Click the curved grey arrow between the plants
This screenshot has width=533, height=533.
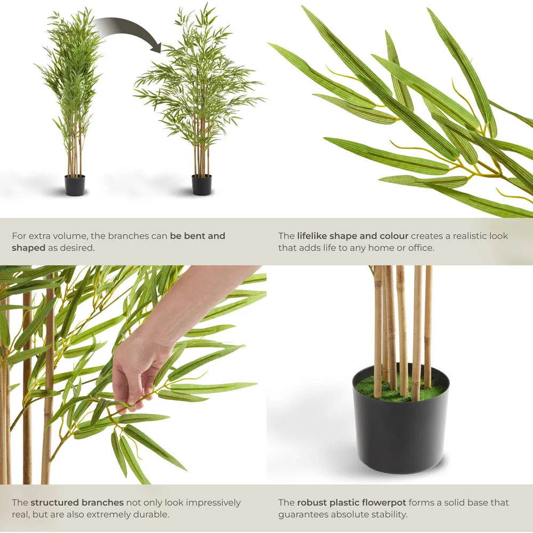(131, 28)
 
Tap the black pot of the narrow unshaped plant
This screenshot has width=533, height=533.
(75, 185)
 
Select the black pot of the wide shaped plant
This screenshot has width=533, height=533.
(201, 185)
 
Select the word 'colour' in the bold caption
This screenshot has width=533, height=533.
(394, 236)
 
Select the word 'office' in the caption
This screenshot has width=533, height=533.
(421, 248)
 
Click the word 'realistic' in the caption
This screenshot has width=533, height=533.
(462, 236)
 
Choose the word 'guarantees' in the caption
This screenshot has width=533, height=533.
(302, 514)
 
